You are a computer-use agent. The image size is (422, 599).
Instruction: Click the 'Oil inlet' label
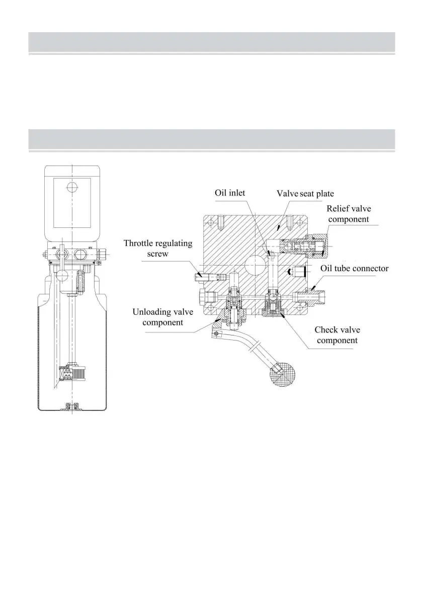point(230,193)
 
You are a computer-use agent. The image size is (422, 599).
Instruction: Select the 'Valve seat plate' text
point(305,194)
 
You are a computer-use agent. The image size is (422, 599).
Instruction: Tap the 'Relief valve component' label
point(349,214)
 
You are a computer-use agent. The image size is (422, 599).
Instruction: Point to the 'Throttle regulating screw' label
point(158,248)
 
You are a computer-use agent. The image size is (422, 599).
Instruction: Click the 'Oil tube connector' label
point(355,268)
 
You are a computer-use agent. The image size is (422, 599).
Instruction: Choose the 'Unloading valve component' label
point(162,317)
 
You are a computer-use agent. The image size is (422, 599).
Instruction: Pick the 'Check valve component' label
point(337,335)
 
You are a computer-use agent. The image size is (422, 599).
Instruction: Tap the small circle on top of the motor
point(72,187)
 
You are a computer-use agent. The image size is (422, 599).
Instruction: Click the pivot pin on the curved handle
point(217,334)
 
